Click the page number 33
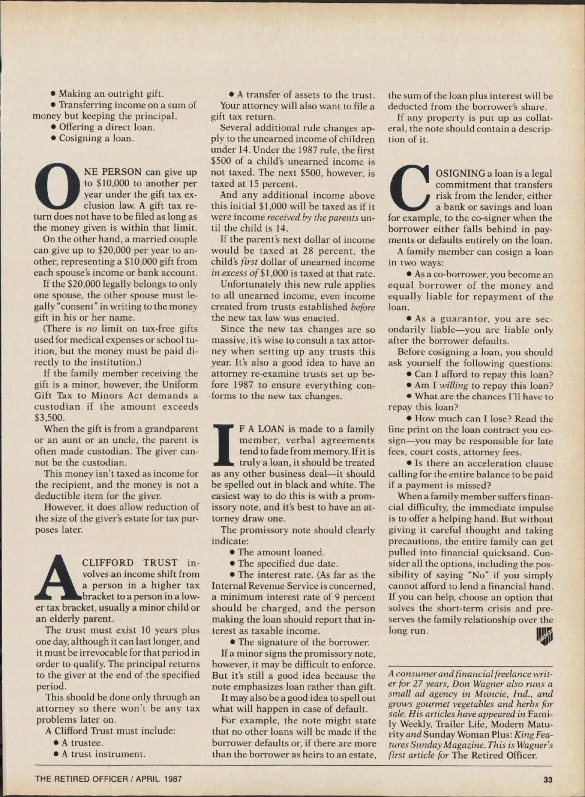coord(547,779)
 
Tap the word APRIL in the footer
coord(149,779)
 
